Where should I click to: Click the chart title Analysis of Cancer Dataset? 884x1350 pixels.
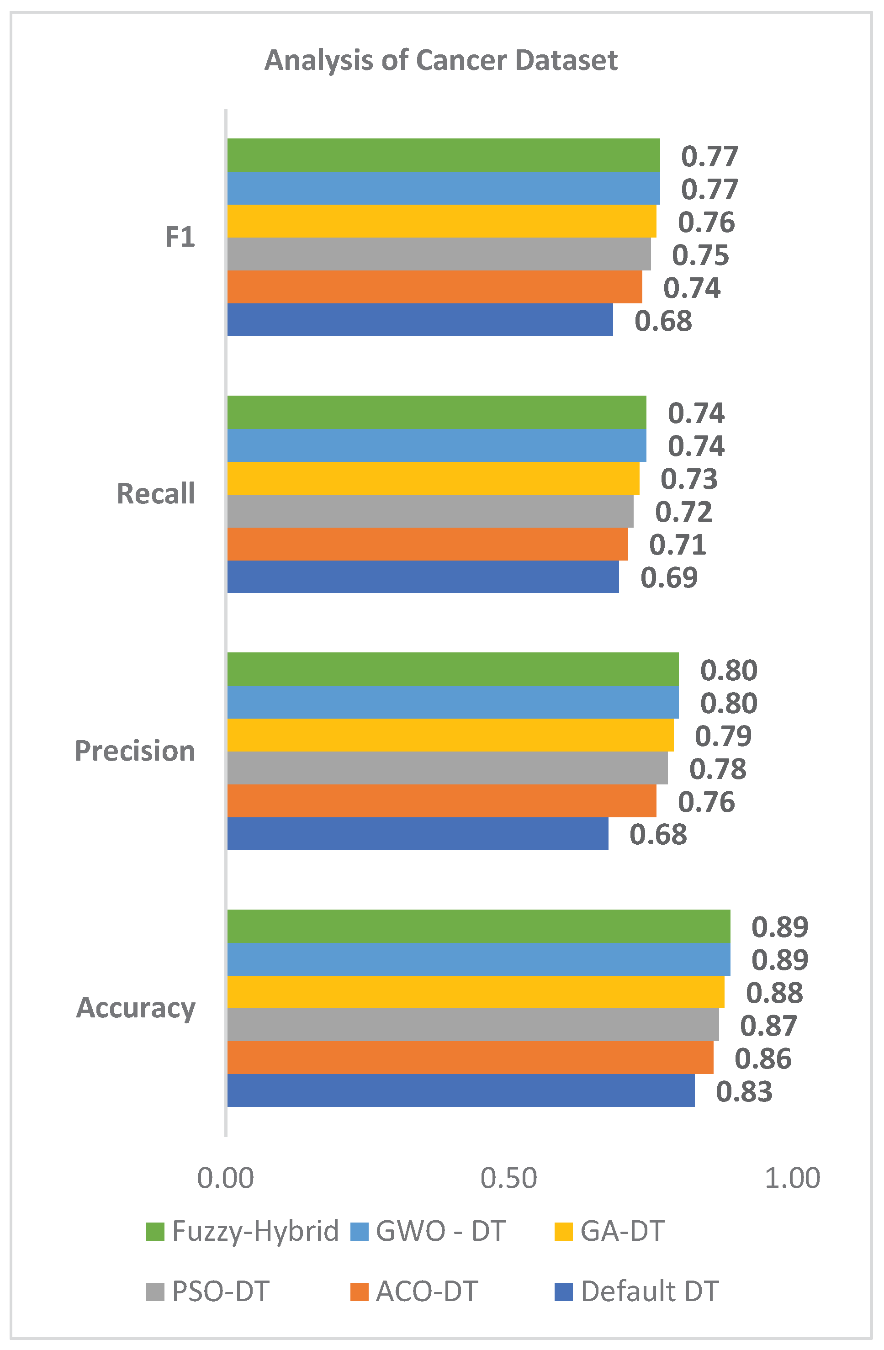(x=441, y=60)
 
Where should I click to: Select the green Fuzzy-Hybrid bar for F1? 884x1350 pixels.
(x=444, y=155)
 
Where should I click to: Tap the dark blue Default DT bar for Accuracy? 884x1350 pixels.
(x=461, y=1090)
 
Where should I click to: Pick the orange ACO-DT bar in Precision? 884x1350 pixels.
(x=442, y=801)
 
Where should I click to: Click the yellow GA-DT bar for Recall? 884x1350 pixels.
(x=434, y=478)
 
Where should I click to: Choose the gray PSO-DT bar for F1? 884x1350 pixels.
(x=439, y=254)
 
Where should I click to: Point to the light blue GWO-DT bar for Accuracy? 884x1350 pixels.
(x=479, y=958)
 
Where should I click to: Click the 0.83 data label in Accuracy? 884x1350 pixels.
(x=744, y=1092)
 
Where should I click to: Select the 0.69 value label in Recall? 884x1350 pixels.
(x=669, y=578)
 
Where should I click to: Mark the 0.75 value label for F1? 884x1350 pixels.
(x=701, y=255)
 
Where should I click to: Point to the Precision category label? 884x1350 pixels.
(x=135, y=751)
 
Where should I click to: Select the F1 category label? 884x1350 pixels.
(x=180, y=237)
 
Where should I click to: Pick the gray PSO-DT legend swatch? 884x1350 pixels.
(x=155, y=1292)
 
